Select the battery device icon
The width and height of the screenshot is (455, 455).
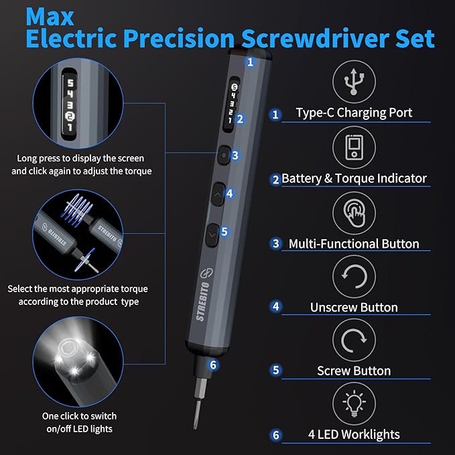(x=354, y=148)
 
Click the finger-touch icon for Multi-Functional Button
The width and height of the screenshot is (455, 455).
(x=354, y=213)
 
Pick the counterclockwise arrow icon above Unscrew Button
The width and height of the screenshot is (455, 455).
(x=354, y=277)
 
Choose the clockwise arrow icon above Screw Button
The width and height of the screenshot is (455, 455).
(x=354, y=341)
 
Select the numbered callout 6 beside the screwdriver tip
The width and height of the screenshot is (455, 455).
(x=212, y=365)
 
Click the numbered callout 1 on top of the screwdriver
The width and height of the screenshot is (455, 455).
(x=250, y=62)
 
